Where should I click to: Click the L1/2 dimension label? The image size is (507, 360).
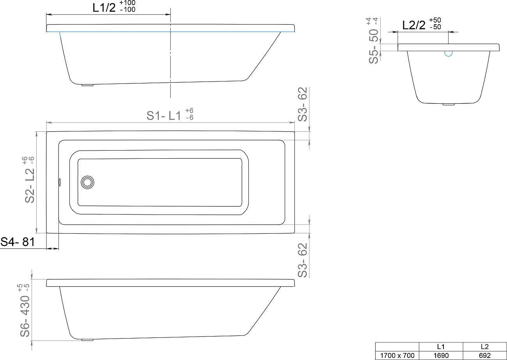(104, 8)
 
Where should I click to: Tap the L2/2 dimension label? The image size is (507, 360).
(414, 25)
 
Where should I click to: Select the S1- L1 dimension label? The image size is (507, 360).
(164, 116)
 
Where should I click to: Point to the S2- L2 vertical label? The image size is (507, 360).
(30, 185)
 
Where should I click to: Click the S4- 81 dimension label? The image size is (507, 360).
(18, 242)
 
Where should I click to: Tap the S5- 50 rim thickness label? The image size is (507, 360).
(374, 46)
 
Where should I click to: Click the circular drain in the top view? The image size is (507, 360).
(87, 182)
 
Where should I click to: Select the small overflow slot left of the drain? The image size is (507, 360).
(60, 182)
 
